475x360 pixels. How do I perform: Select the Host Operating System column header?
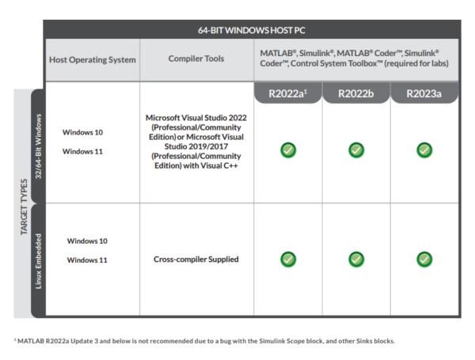coord(93,59)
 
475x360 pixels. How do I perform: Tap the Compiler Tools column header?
coord(196,59)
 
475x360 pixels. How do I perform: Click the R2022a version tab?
coord(288,93)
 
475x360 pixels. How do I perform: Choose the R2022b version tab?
coord(356,93)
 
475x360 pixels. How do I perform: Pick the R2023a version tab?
coord(424,93)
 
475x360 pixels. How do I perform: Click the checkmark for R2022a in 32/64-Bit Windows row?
coord(288,150)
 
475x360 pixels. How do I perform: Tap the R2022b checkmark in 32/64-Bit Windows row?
coord(356,150)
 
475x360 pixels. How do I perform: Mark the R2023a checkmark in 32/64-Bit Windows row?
coord(424,150)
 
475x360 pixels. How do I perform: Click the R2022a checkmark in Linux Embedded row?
coord(288,259)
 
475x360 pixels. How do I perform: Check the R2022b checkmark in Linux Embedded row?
coord(356,259)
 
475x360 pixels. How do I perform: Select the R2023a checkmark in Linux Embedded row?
coord(424,259)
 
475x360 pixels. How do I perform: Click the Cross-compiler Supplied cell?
coord(196,260)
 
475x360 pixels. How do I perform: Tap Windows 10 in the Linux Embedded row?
coord(87,241)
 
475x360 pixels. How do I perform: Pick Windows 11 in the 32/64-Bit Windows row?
coord(82,151)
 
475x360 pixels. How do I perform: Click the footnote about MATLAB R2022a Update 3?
coord(203,341)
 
